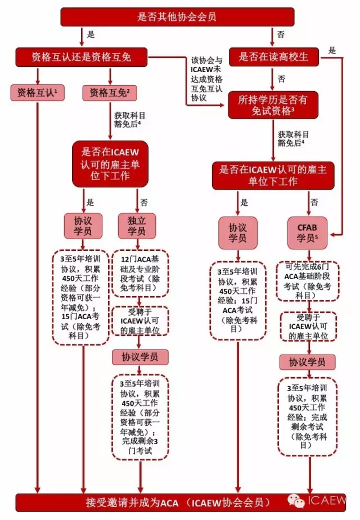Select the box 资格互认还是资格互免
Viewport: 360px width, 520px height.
click(x=81, y=57)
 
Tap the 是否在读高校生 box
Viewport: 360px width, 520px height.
click(x=273, y=57)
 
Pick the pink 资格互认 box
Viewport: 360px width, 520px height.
click(x=37, y=92)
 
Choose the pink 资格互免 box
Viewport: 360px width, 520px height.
click(x=110, y=92)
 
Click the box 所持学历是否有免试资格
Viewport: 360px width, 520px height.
click(x=273, y=105)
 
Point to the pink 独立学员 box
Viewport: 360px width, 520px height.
click(x=133, y=225)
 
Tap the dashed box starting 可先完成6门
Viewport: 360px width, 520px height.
click(x=308, y=284)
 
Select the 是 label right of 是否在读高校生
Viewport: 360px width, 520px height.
click(x=332, y=50)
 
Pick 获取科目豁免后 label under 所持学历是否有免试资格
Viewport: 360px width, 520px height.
click(x=293, y=138)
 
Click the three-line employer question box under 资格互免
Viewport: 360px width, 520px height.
click(x=110, y=163)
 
